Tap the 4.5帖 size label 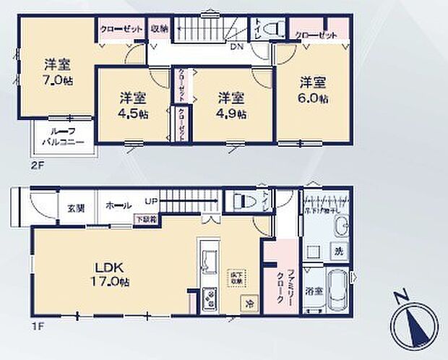coord(134,114)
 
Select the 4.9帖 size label coord(232,114)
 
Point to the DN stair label coord(236,48)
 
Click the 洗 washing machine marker coord(337,252)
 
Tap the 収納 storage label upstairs coord(159,29)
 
